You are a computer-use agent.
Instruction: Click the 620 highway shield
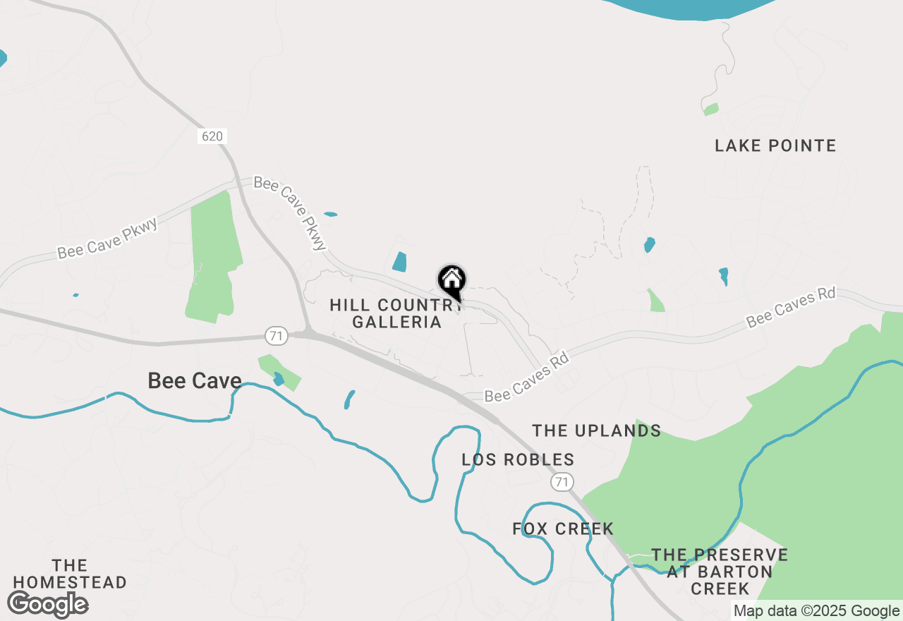click(x=212, y=136)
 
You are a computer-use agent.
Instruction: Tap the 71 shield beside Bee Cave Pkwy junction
click(x=277, y=336)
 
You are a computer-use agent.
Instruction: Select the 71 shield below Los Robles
click(x=561, y=482)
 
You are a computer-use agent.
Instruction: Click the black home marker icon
click(x=451, y=281)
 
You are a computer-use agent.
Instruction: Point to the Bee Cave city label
click(x=195, y=381)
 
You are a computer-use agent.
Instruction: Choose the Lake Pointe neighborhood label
click(x=775, y=146)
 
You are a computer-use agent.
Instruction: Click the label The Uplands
click(x=596, y=430)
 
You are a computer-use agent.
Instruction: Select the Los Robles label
click(x=518, y=460)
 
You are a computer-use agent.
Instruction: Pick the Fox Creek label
click(x=563, y=529)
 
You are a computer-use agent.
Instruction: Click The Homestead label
click(x=70, y=574)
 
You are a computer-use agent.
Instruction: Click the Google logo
click(x=47, y=605)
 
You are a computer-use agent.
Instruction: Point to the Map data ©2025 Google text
click(x=816, y=611)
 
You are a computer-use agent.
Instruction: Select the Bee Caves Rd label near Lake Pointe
click(x=791, y=307)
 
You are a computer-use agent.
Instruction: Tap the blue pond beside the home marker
click(x=400, y=262)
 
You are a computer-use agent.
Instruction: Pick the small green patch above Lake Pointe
click(x=711, y=109)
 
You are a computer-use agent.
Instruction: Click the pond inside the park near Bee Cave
click(x=279, y=379)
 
